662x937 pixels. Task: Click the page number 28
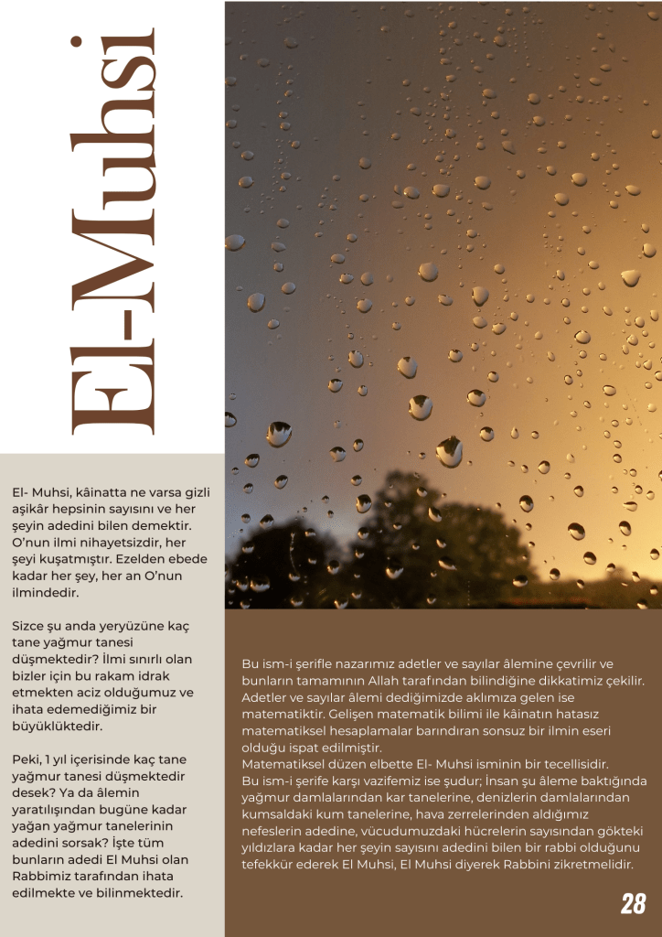coord(633,904)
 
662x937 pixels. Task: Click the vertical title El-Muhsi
coord(112,238)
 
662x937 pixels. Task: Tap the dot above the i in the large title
coord(80,43)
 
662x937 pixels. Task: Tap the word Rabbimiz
coord(43,877)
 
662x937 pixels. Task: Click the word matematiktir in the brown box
coord(283,714)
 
